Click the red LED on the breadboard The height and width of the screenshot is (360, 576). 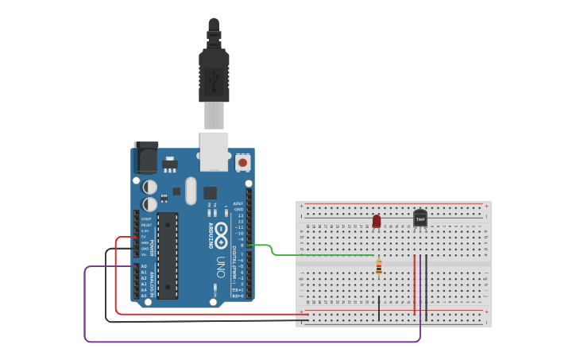(x=377, y=220)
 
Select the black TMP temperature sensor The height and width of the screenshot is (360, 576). (x=420, y=217)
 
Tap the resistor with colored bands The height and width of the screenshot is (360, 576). (x=379, y=269)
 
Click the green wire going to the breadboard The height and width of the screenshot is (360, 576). (x=318, y=255)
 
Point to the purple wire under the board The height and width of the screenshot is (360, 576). (x=238, y=342)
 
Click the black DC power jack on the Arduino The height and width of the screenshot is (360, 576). (x=146, y=157)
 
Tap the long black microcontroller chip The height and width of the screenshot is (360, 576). (x=168, y=254)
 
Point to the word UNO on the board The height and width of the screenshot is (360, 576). (x=222, y=265)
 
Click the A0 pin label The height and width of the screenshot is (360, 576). (x=144, y=267)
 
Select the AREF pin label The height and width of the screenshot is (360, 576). (x=238, y=203)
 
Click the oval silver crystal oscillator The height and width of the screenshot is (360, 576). (x=191, y=190)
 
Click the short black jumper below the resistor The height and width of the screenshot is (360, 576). (x=379, y=308)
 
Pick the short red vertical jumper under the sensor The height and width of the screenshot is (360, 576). (x=414, y=285)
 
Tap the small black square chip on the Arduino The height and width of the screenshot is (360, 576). (x=210, y=192)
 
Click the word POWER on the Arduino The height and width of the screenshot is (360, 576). (x=153, y=247)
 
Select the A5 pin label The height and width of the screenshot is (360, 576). (x=144, y=295)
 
